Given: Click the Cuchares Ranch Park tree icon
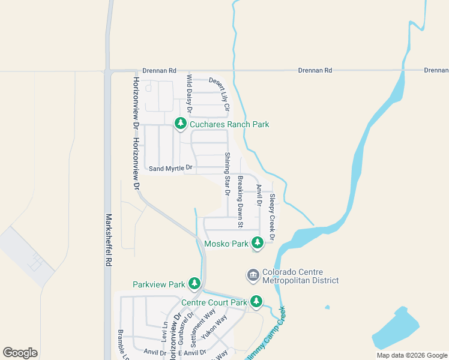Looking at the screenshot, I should tap(180, 124).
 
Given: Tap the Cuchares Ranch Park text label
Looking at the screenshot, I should tap(229, 125).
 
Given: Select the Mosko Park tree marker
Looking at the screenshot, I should tap(258, 243).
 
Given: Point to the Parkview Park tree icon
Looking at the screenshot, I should tap(194, 283).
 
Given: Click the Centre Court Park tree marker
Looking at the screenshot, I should tap(256, 301).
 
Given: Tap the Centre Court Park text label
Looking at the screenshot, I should tap(214, 302).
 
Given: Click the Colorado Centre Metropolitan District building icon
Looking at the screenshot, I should tap(253, 275).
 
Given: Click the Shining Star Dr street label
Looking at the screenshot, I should tap(228, 175).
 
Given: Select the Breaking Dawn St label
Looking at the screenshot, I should tap(240, 202).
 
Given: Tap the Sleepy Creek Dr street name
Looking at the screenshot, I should tap(271, 217).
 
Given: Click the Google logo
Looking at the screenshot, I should tap(20, 353).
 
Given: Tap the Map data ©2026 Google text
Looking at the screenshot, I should tap(411, 355).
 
